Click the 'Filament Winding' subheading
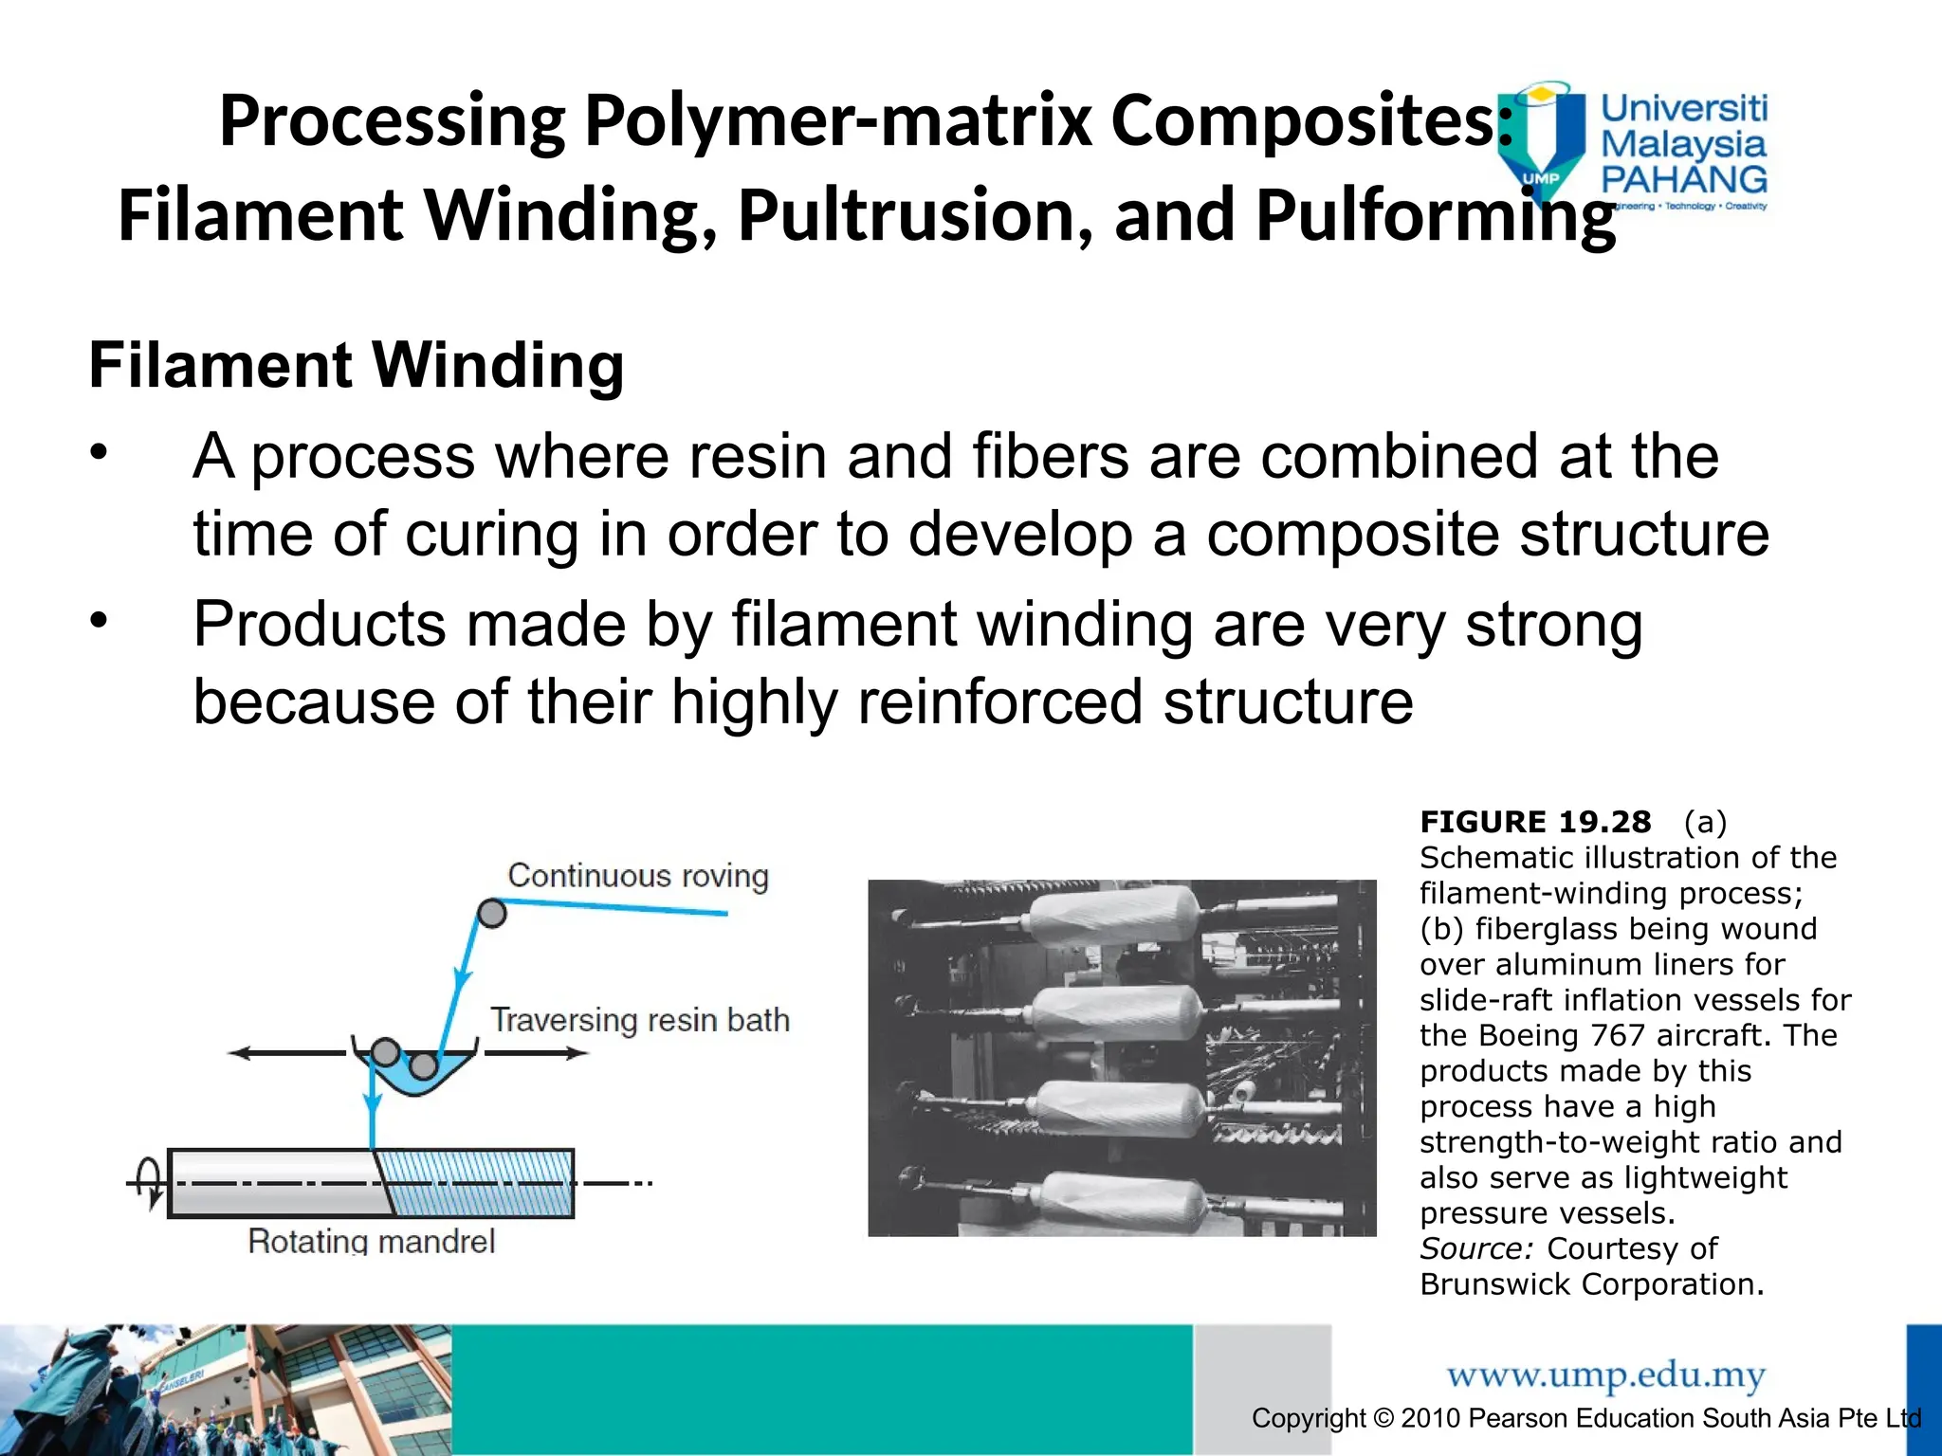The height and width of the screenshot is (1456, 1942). pos(356,366)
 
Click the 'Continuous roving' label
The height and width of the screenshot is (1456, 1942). pos(637,875)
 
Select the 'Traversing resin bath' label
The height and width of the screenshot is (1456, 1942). pos(639,1020)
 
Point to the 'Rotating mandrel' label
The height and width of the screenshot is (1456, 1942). pos(371,1240)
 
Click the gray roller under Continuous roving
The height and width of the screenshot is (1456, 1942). pos(491,913)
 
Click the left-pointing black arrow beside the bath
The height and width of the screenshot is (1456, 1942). pos(284,1052)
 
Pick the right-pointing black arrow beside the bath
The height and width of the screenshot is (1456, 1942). pos(537,1052)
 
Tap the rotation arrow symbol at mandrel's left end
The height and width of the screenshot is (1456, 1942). pos(150,1182)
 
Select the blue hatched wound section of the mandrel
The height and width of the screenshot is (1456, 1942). pos(479,1183)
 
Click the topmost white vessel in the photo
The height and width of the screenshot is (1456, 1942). pos(1114,914)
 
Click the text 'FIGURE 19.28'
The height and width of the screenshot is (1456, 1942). pos(1534,822)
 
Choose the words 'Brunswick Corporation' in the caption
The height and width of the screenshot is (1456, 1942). pos(1591,1284)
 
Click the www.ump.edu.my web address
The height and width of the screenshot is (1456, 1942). pos(1605,1374)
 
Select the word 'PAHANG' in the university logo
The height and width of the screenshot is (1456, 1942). pos(1683,179)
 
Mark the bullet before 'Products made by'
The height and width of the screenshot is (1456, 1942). pos(100,621)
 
